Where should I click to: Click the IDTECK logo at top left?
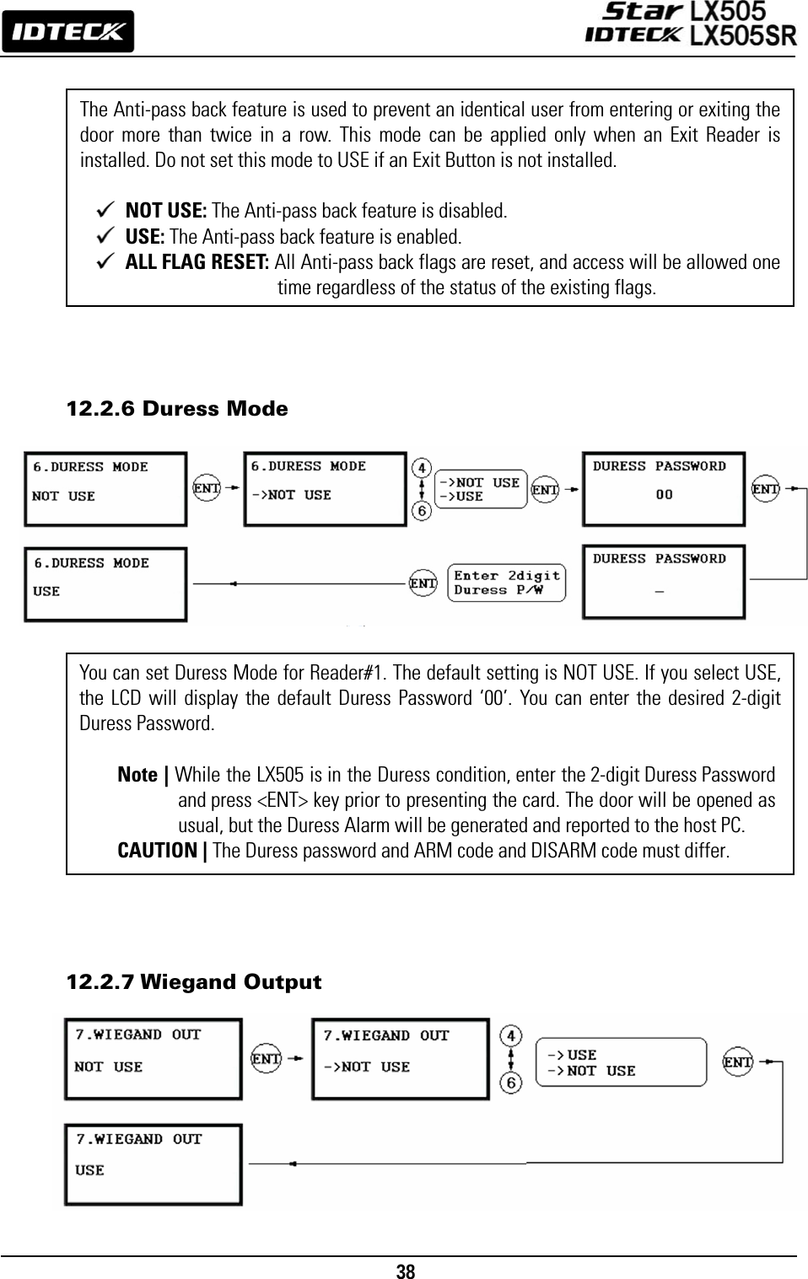pyautogui.click(x=67, y=32)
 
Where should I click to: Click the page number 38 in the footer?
pyautogui.click(x=406, y=1271)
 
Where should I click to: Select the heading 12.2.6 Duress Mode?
pyautogui.click(x=177, y=409)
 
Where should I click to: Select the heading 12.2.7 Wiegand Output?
pyautogui.click(x=194, y=982)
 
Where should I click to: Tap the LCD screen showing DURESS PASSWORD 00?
pyautogui.click(x=664, y=488)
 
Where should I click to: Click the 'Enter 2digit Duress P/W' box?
pyautogui.click(x=506, y=583)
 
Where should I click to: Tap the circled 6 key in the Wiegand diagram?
pyautogui.click(x=511, y=1081)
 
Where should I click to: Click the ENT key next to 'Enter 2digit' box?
pyautogui.click(x=423, y=583)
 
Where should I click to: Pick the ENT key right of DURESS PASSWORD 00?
pyautogui.click(x=765, y=488)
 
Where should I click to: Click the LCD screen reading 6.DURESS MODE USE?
pyautogui.click(x=105, y=583)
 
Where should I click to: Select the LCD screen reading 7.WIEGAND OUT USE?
pyautogui.click(x=153, y=1163)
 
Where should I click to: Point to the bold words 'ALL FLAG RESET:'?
pyautogui.click(x=197, y=262)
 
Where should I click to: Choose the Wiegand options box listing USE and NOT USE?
pyautogui.click(x=620, y=1062)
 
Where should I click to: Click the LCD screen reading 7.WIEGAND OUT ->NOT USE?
pyautogui.click(x=400, y=1058)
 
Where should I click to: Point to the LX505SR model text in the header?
pyautogui.click(x=743, y=35)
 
